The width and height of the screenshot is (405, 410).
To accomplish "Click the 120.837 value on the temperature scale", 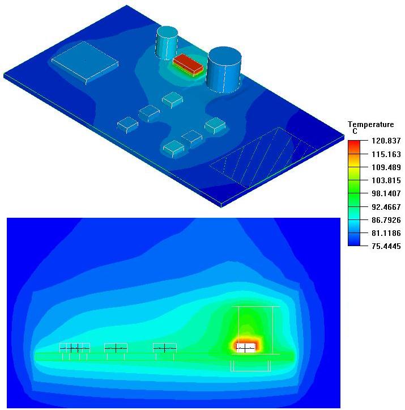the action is [386, 141].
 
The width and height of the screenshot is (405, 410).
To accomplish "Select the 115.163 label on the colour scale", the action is [386, 154].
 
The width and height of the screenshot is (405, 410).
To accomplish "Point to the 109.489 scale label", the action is [386, 167].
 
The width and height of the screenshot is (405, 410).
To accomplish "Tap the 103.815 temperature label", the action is [386, 180].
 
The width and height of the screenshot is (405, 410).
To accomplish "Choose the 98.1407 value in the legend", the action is [386, 193].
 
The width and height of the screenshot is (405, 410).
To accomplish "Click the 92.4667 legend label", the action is [386, 207].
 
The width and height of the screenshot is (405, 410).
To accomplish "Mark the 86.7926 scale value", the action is [386, 220].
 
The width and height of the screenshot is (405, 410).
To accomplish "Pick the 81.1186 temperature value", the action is [386, 233].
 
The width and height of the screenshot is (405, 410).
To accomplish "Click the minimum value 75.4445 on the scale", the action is [386, 246].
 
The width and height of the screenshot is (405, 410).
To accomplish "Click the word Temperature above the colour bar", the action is [371, 124].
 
